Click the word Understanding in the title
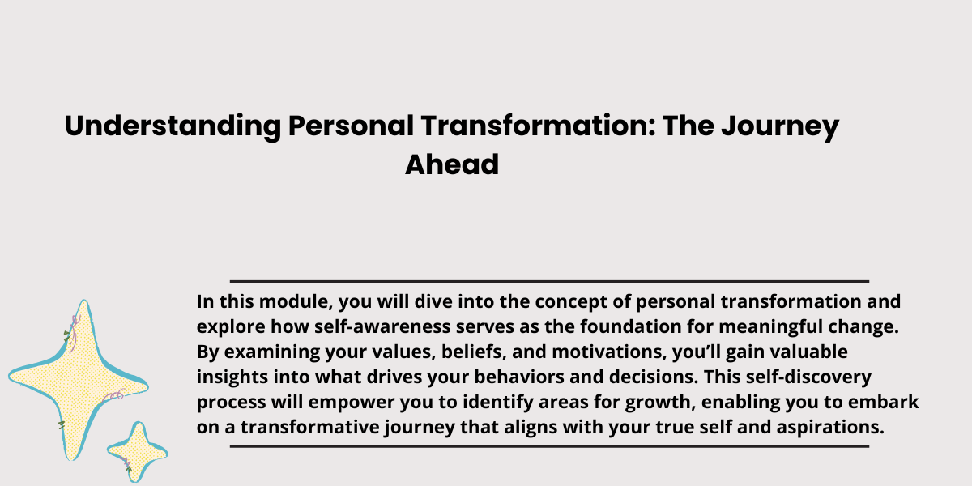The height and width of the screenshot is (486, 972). [x=173, y=126]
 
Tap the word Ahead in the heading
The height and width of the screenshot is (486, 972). [x=452, y=164]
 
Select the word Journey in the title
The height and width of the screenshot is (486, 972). [x=780, y=126]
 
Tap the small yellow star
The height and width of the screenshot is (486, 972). [x=138, y=452]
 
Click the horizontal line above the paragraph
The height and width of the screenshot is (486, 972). [x=549, y=281]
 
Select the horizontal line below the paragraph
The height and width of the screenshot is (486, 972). [x=549, y=446]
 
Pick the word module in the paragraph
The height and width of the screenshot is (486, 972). [x=296, y=301]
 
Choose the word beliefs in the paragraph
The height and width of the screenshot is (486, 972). [x=475, y=352]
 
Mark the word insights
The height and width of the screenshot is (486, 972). [x=232, y=377]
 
